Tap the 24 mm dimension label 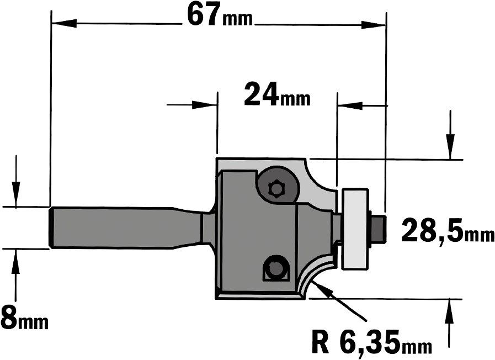(277, 94)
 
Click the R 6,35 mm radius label (371, 342)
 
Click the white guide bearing (355, 229)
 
